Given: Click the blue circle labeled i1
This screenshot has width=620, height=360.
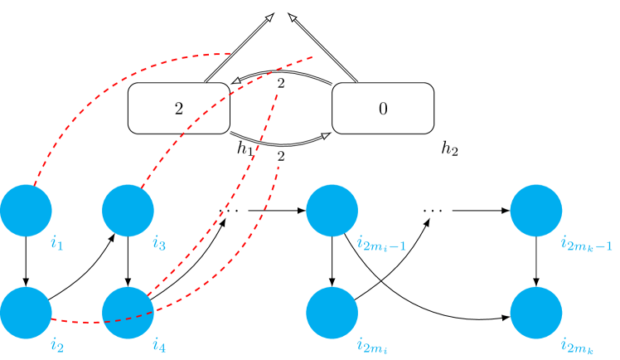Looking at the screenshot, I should coord(26,211).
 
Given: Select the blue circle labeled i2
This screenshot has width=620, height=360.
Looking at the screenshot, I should coord(26,313).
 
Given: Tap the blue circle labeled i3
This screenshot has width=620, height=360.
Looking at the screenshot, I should coord(128,211).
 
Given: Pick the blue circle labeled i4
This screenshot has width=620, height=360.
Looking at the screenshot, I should coord(128,313).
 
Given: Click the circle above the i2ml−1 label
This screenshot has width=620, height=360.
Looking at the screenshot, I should coord(332,211).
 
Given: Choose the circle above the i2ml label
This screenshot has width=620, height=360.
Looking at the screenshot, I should coord(332,313).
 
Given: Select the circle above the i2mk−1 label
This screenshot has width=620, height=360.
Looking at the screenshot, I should coord(535,211).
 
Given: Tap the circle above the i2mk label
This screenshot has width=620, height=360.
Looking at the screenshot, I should coord(535,313).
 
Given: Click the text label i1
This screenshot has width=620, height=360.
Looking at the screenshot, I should coord(56,244).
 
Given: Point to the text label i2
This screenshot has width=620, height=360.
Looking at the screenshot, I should coord(56,346).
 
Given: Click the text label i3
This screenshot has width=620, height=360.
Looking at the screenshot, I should coord(158,244).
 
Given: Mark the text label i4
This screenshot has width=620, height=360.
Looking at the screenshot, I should coord(158,346).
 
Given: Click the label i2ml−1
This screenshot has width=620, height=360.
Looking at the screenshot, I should coord(381,245).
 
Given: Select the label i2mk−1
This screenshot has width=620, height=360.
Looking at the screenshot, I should coord(586,245).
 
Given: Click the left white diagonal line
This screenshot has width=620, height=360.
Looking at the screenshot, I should coord(236,51).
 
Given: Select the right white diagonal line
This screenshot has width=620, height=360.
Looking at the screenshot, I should coord(326,51).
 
